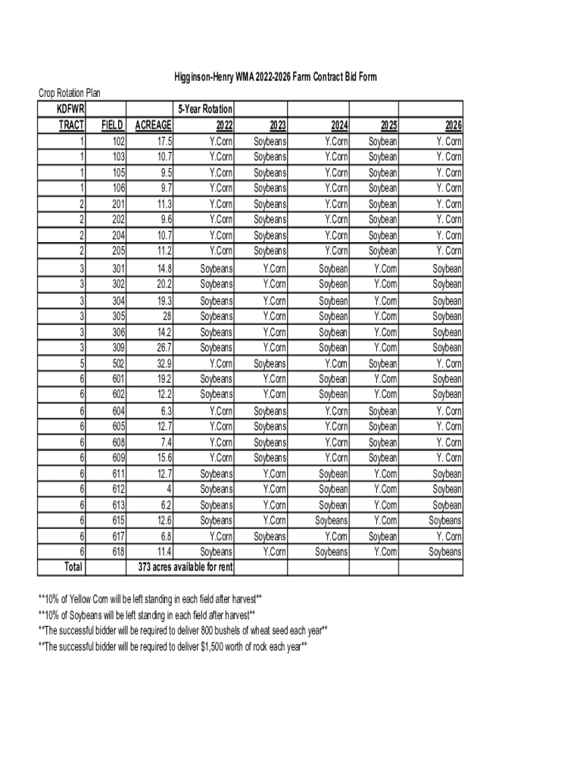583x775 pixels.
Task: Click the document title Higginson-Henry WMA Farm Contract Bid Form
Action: pyautogui.click(x=275, y=77)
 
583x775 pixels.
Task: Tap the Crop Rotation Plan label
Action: pyautogui.click(x=70, y=93)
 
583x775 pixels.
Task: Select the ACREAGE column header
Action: pyautogui.click(x=153, y=126)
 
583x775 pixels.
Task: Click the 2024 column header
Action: pyautogui.click(x=338, y=126)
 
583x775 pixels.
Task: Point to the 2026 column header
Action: pyautogui.click(x=452, y=126)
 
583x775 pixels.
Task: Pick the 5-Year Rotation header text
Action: pyautogui.click(x=205, y=110)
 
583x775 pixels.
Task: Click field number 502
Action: pyautogui.click(x=117, y=363)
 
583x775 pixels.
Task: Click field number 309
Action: pyautogui.click(x=117, y=347)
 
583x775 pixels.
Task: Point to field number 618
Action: pyautogui.click(x=117, y=552)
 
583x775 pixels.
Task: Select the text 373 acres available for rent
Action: pyautogui.click(x=185, y=568)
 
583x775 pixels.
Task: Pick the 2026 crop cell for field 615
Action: pyautogui.click(x=444, y=521)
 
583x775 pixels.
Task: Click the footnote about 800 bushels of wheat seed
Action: pyautogui.click(x=182, y=630)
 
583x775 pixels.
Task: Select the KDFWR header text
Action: pyautogui.click(x=70, y=110)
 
